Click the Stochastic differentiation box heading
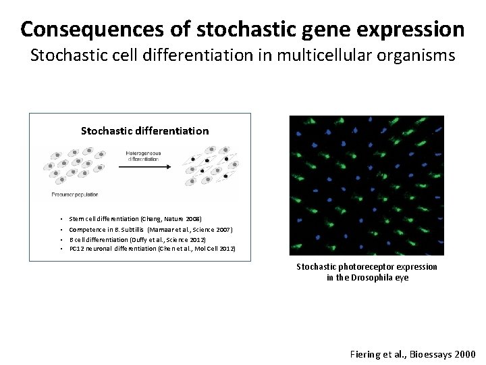(x=144, y=130)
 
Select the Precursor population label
(x=75, y=195)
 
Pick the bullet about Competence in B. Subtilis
(x=151, y=230)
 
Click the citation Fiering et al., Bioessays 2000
(x=412, y=354)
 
